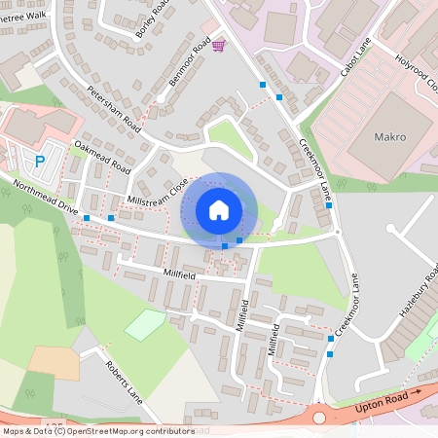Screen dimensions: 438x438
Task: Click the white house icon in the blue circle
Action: point(219,208)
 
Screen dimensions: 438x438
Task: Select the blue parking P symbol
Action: point(40,162)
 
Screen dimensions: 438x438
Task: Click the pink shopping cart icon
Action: point(219,45)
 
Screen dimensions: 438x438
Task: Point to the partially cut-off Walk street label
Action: point(23,16)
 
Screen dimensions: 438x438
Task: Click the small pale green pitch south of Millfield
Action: point(144,324)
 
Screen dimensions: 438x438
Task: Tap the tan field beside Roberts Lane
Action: point(53,361)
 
